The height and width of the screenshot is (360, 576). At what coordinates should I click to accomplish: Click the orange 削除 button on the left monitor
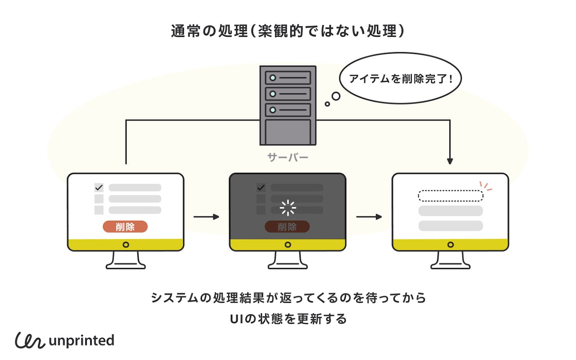point(125,227)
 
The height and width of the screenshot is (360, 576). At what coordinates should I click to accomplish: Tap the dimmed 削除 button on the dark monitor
point(287,227)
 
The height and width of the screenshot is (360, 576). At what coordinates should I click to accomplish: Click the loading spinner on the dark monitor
point(288,208)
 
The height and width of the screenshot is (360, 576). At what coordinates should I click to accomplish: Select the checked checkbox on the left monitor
point(99,188)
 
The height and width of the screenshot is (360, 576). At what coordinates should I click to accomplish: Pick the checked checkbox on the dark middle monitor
point(261,188)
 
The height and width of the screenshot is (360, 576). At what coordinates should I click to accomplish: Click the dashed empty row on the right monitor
point(450,196)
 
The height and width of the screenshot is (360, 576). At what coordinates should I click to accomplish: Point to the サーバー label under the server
point(288,157)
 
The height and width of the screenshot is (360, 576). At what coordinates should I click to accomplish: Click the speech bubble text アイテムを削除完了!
point(401,79)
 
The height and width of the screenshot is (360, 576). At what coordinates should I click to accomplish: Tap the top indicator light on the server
point(273,78)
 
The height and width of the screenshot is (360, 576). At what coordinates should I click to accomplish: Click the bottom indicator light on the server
point(273,110)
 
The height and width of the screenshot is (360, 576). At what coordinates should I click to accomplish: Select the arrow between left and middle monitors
point(206,217)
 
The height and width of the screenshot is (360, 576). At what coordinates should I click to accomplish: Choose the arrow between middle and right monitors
point(369,217)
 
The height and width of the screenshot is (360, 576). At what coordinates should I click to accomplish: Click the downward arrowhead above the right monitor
point(450,161)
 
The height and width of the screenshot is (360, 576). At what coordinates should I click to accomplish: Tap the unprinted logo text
point(81,340)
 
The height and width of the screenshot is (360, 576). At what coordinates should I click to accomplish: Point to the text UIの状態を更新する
point(288,319)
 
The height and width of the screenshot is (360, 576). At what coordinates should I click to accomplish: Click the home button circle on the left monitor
point(126,245)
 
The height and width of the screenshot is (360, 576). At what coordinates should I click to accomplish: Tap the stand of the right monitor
point(450,261)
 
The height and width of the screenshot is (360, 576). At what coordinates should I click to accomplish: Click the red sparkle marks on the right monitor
point(486,187)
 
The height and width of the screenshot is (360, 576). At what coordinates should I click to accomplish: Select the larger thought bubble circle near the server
point(336,96)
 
